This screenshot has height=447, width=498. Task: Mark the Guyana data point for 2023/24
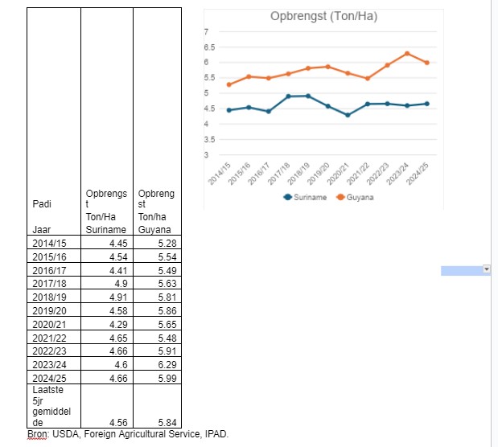point(407,53)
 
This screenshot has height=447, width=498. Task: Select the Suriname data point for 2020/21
point(348,115)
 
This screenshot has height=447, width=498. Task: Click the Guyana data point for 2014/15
point(229,84)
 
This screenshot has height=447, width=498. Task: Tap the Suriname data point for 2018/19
point(308,96)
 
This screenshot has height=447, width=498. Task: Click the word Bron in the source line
point(37,434)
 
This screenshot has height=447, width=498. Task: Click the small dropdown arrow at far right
point(486,270)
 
